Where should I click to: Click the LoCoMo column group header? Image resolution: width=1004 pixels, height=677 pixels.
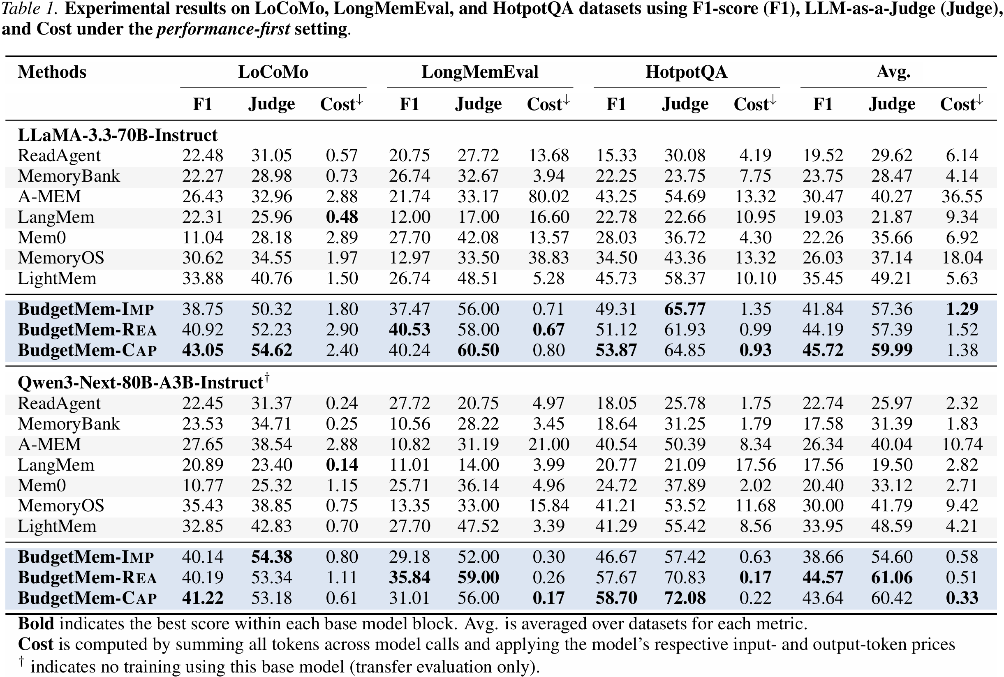tap(273, 72)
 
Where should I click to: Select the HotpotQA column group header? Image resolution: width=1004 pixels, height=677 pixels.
tap(686, 72)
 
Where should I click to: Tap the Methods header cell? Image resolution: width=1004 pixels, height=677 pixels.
tap(52, 72)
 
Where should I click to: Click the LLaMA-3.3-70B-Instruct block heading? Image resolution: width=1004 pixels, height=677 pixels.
tap(118, 135)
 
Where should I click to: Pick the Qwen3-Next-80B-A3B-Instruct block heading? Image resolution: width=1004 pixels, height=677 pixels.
tap(141, 383)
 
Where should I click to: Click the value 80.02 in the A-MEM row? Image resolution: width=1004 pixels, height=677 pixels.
tap(548, 196)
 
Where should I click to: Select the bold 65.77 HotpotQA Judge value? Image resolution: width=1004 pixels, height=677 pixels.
tap(685, 309)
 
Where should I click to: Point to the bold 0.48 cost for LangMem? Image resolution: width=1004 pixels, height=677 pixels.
tap(342, 217)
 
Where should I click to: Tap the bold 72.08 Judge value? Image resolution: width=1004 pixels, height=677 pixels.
tap(685, 598)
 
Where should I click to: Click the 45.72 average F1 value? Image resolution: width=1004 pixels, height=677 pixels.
tap(823, 350)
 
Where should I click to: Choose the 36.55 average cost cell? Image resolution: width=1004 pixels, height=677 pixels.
tap(962, 196)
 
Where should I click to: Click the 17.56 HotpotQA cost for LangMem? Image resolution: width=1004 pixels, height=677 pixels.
tap(755, 465)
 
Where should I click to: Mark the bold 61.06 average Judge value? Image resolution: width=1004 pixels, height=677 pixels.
tap(892, 577)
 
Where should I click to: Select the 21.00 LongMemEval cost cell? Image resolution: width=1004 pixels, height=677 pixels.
tap(548, 444)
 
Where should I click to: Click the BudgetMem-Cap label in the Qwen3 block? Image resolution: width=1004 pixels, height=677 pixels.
tap(87, 598)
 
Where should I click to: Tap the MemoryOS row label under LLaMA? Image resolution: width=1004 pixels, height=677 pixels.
tap(61, 258)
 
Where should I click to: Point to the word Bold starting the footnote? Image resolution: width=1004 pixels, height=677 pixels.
tap(36, 624)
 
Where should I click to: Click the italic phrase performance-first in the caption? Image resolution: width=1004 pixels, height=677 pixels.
tap(223, 29)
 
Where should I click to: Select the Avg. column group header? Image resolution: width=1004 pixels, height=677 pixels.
tap(893, 72)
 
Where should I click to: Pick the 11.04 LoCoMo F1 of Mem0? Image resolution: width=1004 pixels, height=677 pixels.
tap(203, 238)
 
